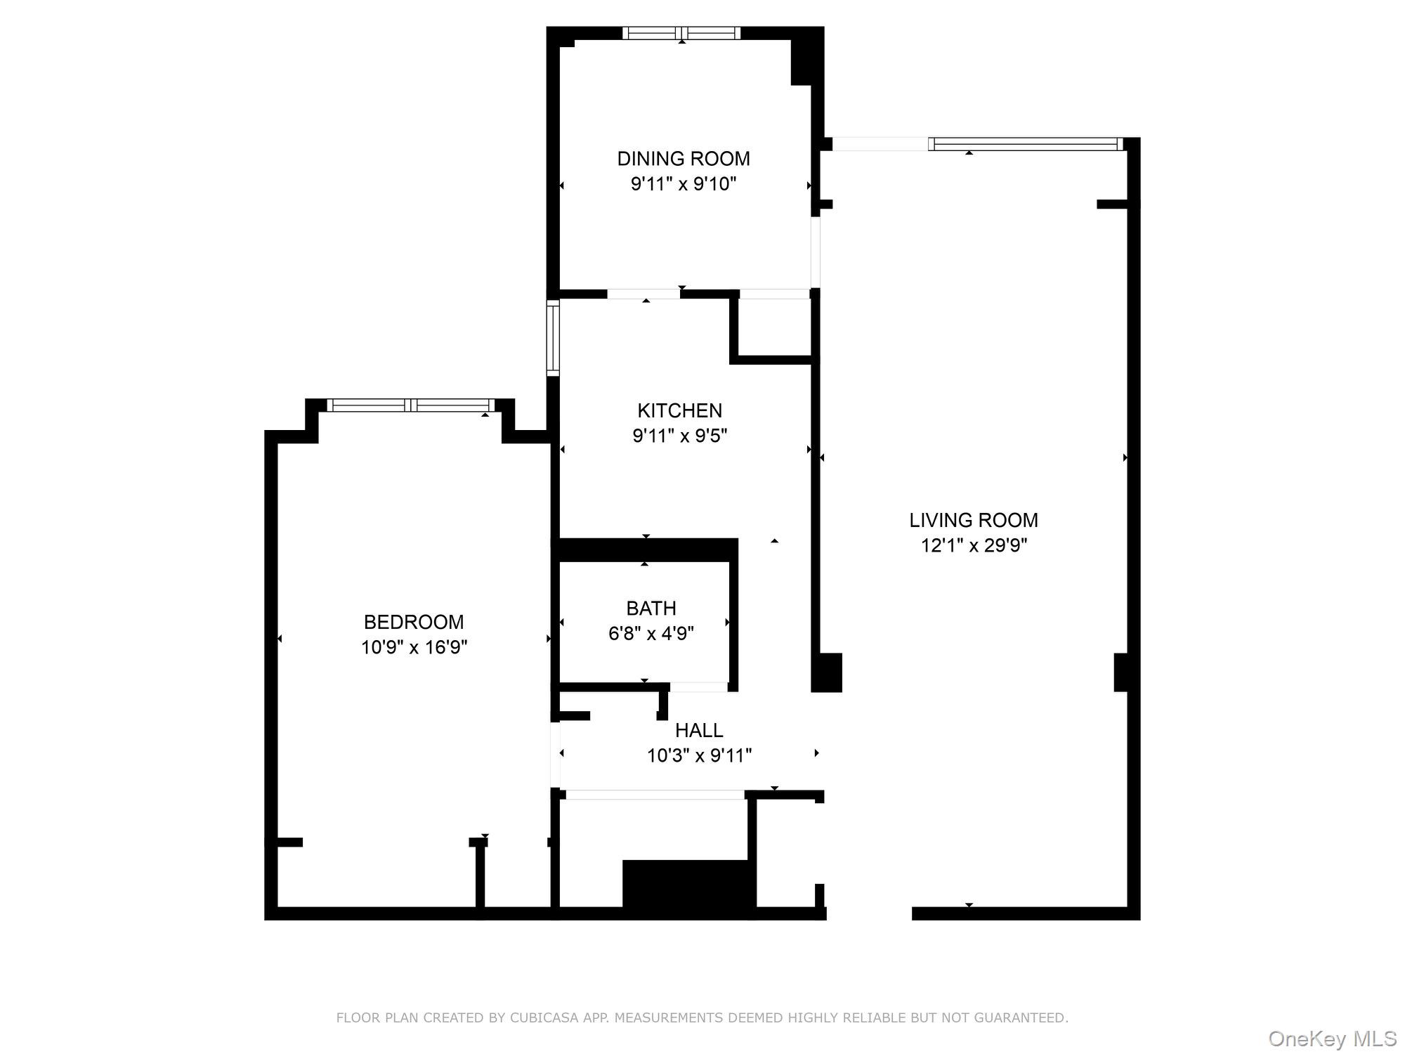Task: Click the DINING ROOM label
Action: tap(683, 159)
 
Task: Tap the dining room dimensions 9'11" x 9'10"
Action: tap(683, 184)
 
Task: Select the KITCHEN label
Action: tap(679, 410)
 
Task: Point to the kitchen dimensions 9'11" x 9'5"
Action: tap(679, 436)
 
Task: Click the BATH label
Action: tap(651, 608)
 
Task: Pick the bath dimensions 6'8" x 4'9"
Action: tap(651, 634)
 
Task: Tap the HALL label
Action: tap(699, 731)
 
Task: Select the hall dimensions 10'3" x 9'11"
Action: tap(699, 756)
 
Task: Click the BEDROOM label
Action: tap(414, 622)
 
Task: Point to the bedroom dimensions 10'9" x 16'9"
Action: tap(414, 647)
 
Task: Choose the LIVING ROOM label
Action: tap(973, 520)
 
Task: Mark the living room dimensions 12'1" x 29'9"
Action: tap(974, 546)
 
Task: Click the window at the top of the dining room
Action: tap(681, 33)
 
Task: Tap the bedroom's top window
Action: tap(411, 405)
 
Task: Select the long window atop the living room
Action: tap(1026, 144)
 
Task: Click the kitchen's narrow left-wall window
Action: tap(554, 338)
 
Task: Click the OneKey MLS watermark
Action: tap(1332, 1039)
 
